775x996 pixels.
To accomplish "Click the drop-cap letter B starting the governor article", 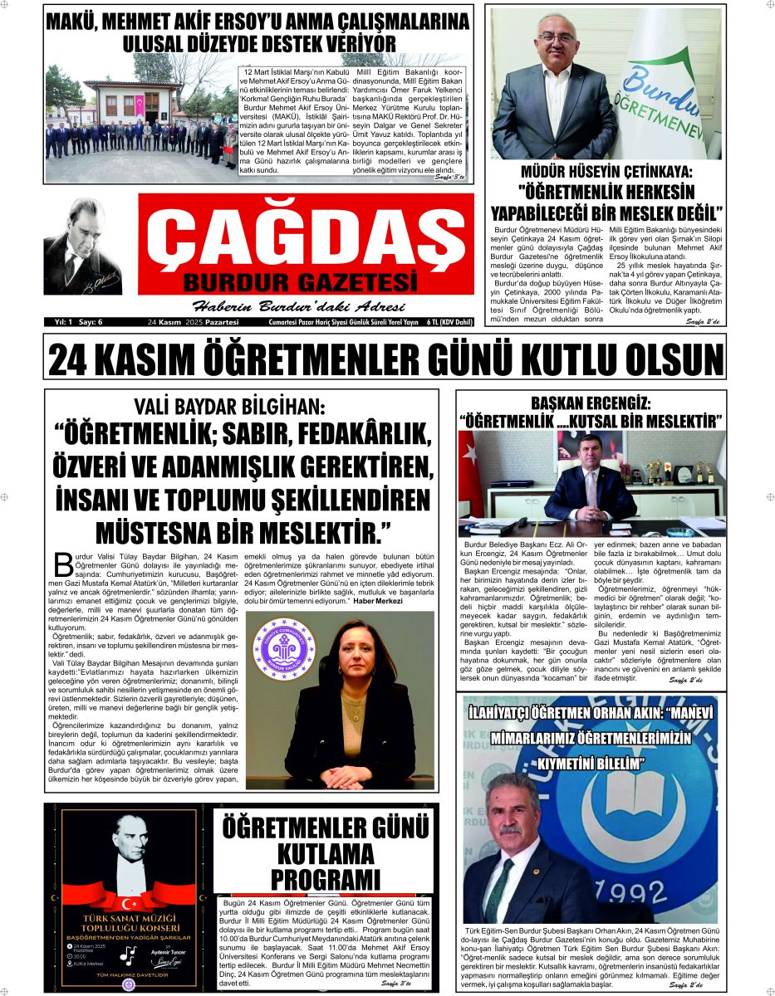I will [63, 564].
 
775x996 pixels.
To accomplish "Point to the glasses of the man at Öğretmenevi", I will [556, 37].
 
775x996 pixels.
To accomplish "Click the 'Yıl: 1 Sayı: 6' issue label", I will [72, 322].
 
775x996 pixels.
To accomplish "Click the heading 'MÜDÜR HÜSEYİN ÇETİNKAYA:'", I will [606, 173].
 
